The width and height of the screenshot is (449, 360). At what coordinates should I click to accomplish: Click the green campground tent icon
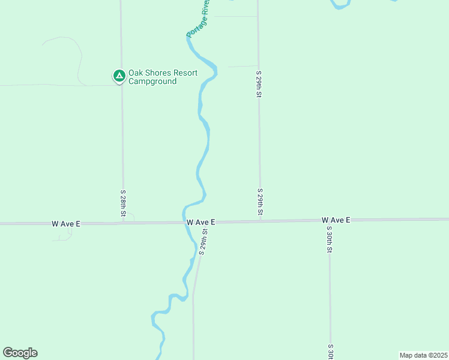119,76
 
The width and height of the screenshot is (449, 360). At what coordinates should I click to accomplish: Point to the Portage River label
198,19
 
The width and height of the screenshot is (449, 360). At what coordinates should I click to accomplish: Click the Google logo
20,353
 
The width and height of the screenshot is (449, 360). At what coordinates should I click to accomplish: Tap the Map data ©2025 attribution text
423,355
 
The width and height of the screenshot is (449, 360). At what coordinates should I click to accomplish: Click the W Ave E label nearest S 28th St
66,224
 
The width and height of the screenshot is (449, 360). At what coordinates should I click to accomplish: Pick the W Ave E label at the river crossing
200,222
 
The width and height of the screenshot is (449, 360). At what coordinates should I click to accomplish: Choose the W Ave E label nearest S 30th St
336,220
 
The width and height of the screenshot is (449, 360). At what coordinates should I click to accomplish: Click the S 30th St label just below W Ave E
329,239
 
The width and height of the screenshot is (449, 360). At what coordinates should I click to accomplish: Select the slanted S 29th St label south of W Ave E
203,242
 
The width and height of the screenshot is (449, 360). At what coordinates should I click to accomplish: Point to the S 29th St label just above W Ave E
261,203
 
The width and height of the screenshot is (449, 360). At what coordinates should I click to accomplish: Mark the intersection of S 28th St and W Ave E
123,223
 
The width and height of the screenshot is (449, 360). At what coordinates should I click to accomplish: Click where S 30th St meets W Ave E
329,220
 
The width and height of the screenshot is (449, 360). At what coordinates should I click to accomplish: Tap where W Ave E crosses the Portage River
185,222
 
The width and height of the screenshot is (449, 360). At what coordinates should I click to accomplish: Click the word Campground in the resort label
155,82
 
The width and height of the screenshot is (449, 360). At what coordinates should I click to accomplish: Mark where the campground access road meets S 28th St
122,85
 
